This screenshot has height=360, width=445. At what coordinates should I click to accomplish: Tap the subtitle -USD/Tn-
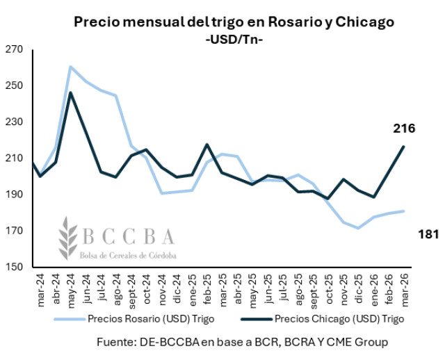tap(234, 40)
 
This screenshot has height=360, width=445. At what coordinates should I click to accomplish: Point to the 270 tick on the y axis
tap(16, 49)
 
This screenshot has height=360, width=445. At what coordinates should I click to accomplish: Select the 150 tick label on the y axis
tap(16, 267)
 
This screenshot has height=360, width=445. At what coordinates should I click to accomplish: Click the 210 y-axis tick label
tap(16, 158)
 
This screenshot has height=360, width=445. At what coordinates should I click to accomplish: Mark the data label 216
tap(404, 129)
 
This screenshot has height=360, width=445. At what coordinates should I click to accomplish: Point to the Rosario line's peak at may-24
tap(71, 67)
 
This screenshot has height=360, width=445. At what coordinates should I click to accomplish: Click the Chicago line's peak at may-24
tap(71, 92)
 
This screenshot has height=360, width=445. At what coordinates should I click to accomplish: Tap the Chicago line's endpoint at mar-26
tap(403, 147)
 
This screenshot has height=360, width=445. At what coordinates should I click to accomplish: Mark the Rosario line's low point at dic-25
tap(358, 228)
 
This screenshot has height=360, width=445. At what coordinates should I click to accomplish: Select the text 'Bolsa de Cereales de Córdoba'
tap(127, 255)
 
